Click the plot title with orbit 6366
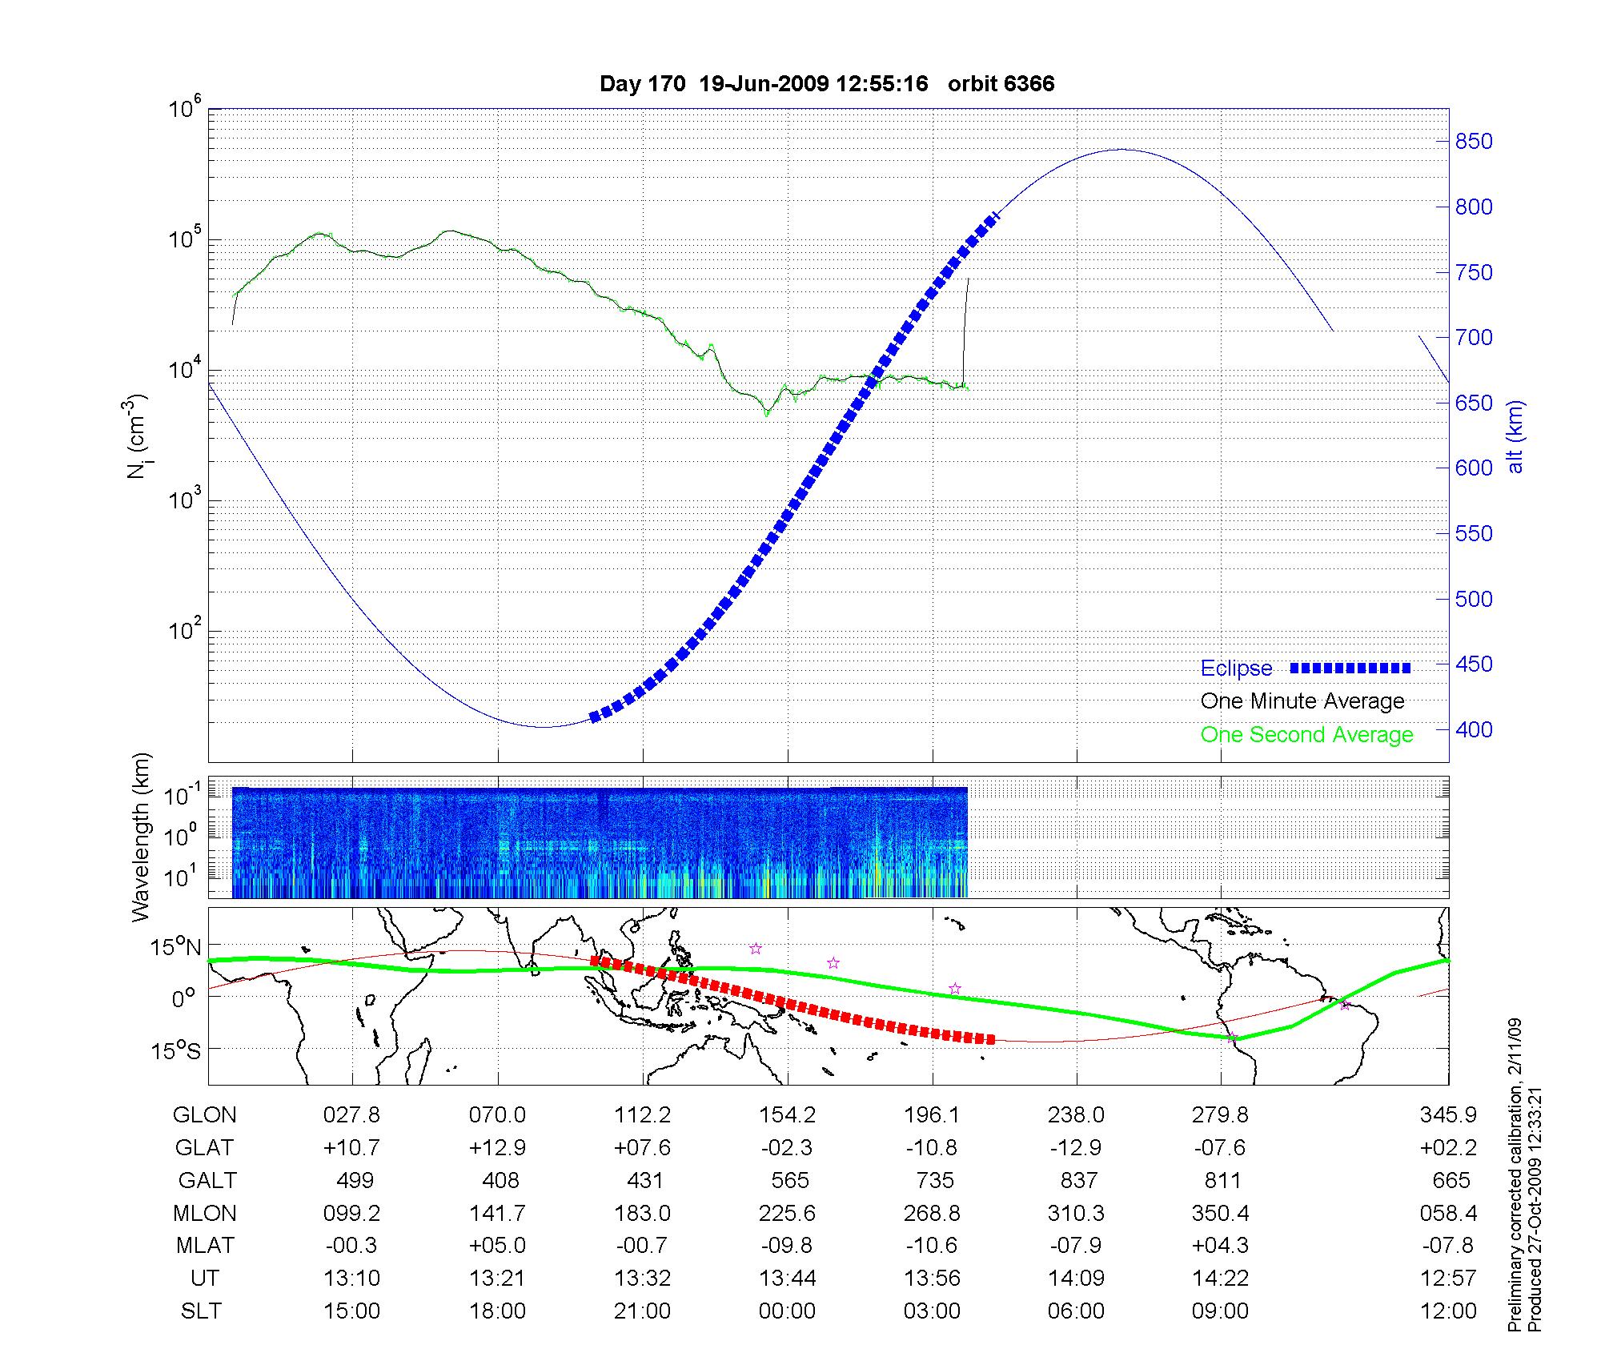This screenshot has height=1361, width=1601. (x=827, y=84)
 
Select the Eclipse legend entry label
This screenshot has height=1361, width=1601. (x=1236, y=668)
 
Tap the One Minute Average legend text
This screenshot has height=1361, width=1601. (x=1302, y=701)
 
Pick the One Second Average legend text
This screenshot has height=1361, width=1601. (x=1306, y=735)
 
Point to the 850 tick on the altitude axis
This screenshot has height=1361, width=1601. (x=1474, y=143)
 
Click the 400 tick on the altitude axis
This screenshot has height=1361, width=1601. (x=1474, y=730)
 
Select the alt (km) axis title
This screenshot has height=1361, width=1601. (x=1515, y=437)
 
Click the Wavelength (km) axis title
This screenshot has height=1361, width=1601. (x=142, y=837)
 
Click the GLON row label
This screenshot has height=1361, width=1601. (x=204, y=1115)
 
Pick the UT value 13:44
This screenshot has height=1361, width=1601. (x=788, y=1279)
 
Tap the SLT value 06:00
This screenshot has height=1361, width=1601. (x=1077, y=1311)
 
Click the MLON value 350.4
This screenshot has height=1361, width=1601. (x=1221, y=1214)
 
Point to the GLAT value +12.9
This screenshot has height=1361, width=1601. (x=497, y=1148)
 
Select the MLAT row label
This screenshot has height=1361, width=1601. (x=205, y=1246)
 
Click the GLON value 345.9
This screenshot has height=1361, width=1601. (x=1448, y=1115)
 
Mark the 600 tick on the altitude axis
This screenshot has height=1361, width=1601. (x=1474, y=468)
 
